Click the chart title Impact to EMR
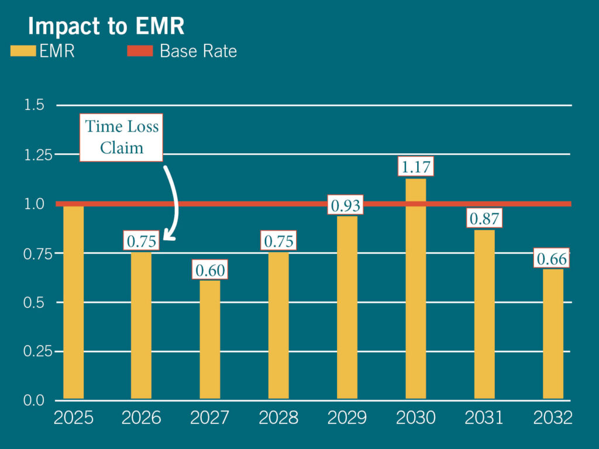point(106,26)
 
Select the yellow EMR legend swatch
point(23,51)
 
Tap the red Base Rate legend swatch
point(140,51)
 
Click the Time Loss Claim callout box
point(122,137)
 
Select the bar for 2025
point(73,302)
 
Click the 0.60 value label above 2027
point(210,270)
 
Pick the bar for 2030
point(416,289)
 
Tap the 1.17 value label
point(416,166)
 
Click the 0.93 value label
point(345,205)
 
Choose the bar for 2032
point(553,334)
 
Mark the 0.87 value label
point(484,218)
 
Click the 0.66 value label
point(552,258)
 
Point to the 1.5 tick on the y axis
point(34,105)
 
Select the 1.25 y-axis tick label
point(38,155)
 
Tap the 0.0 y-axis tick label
point(34,400)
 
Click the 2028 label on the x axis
point(278,417)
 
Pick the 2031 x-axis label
point(484,417)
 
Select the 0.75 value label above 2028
point(278,240)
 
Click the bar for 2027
point(210,340)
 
